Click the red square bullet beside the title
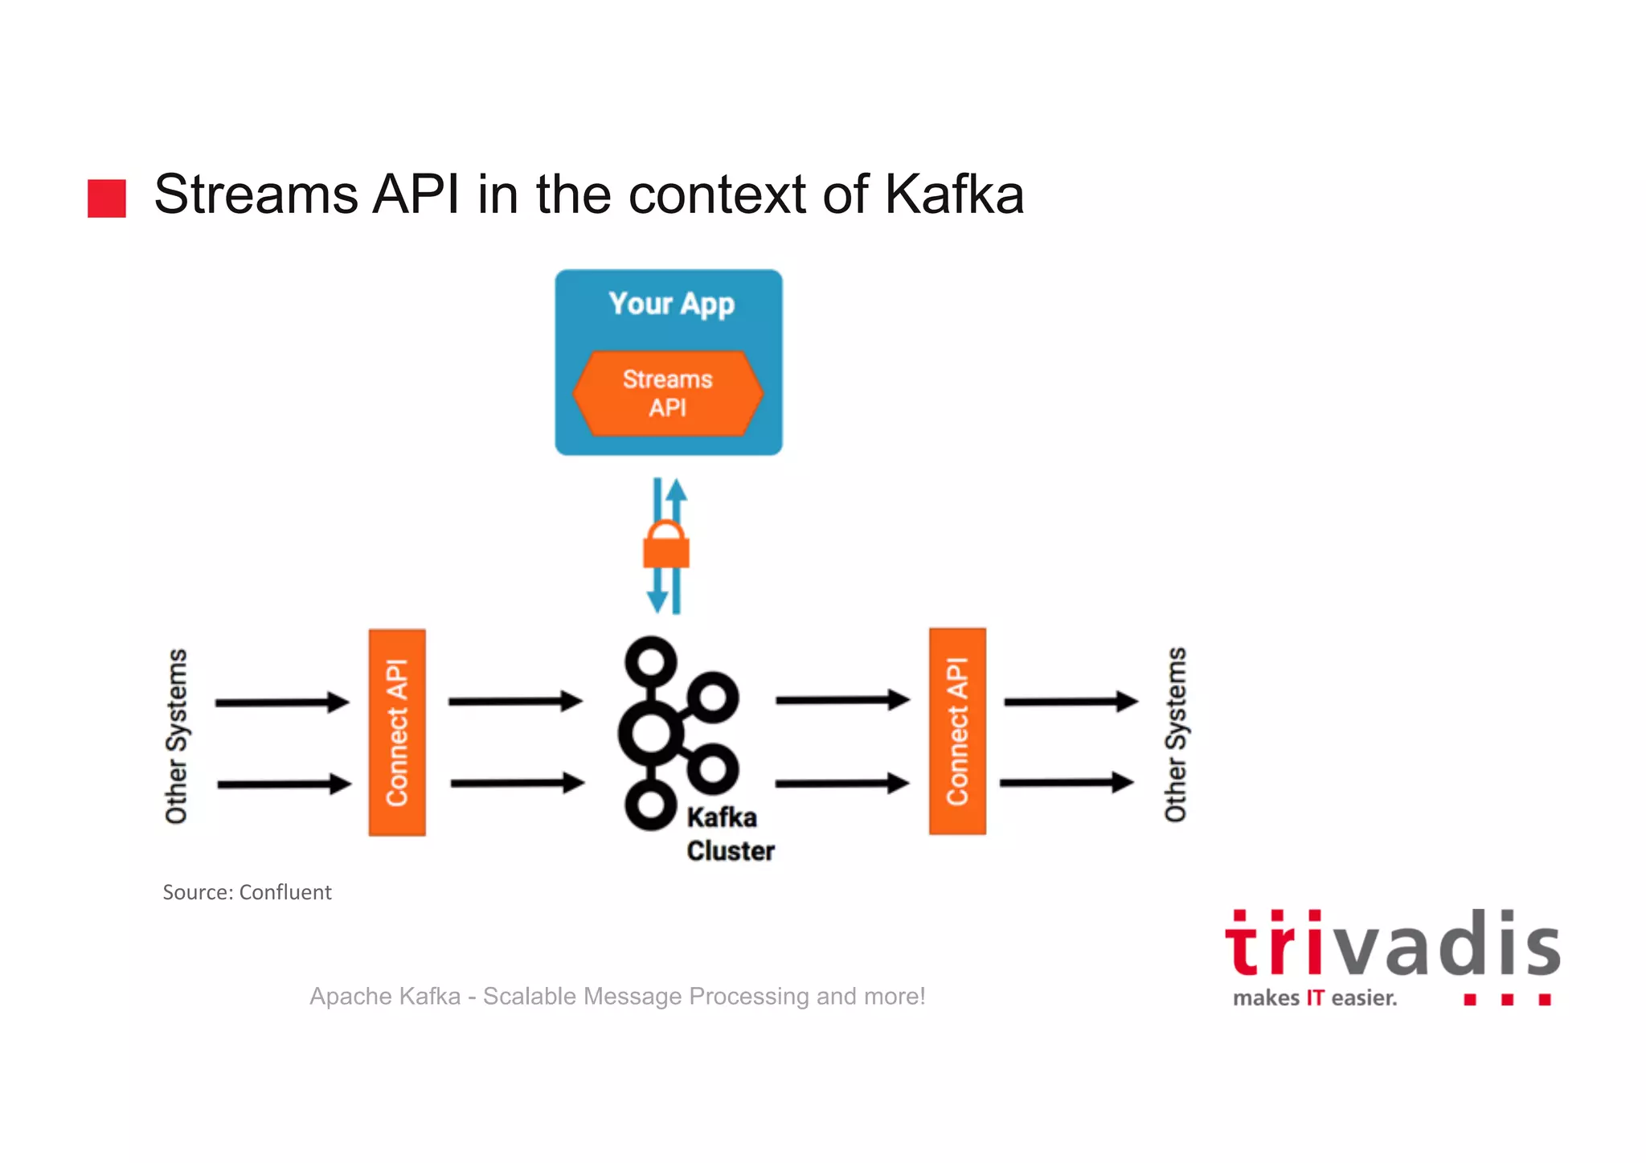[107, 199]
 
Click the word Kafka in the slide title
[954, 195]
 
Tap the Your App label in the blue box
[671, 304]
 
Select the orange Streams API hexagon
[667, 393]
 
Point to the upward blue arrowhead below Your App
[677, 489]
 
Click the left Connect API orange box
[397, 732]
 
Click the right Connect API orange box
[957, 731]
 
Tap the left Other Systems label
[176, 735]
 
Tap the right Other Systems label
[1175, 734]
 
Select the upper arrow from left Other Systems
[282, 702]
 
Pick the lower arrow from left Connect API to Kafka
[517, 783]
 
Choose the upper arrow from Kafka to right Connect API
[841, 700]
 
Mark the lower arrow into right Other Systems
[1067, 782]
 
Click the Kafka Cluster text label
[729, 834]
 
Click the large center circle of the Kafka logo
[651, 733]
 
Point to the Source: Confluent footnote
[247, 892]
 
